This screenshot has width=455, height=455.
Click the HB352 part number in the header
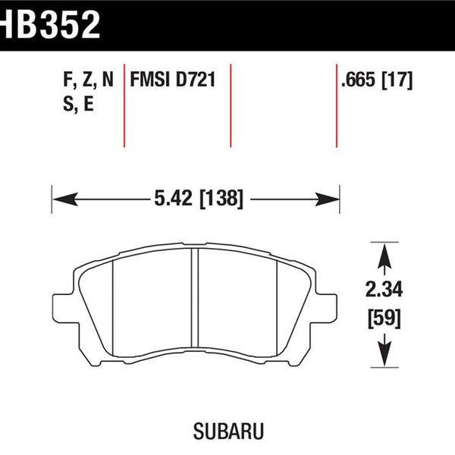50,24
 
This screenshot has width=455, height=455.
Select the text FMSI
150,80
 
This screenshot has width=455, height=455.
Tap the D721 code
196,80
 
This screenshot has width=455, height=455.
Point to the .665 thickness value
359,80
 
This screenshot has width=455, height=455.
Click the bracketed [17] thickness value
397,80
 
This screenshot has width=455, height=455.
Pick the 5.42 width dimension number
173,199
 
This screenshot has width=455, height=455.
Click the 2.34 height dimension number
384,290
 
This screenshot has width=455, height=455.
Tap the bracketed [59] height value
384,318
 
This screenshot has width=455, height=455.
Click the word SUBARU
228,431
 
